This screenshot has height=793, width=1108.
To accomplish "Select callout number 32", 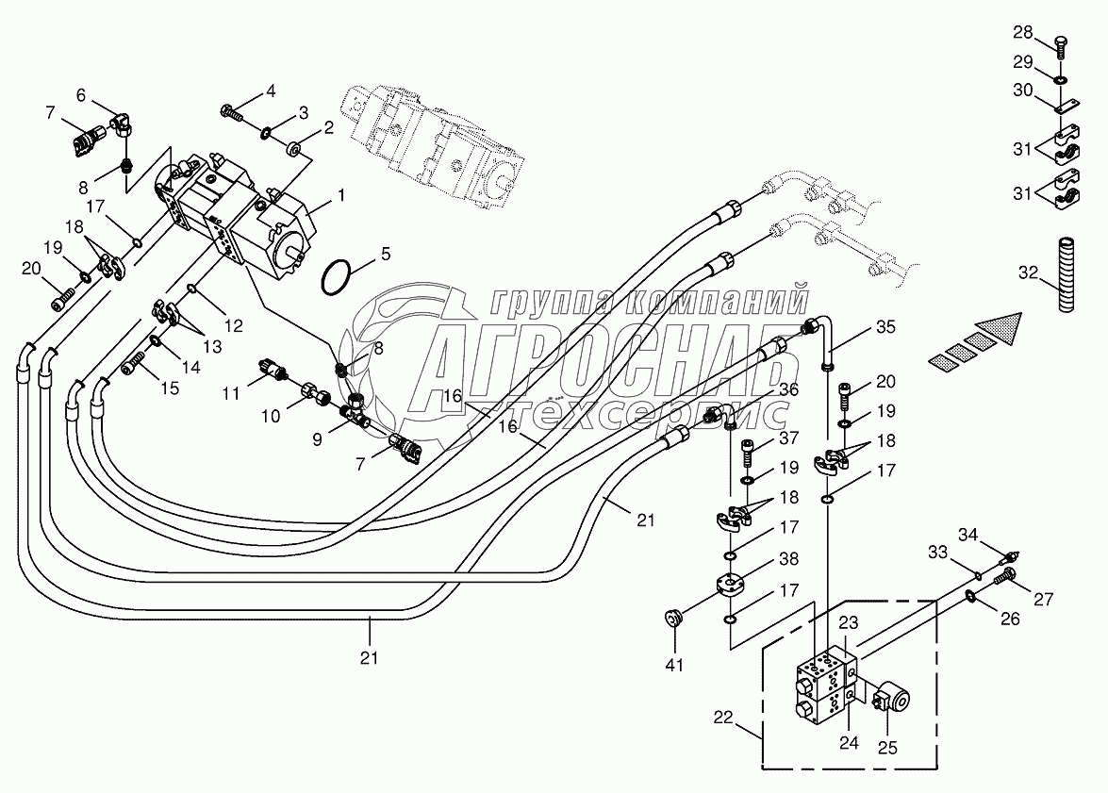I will point(1027,274).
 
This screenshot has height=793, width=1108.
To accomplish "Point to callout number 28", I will point(1023,34).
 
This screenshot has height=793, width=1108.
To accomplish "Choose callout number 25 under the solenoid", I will point(888,748).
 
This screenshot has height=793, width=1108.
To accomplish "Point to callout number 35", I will point(885,328).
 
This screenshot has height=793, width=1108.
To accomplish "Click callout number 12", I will point(234,325).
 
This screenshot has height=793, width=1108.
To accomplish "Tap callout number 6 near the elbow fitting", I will point(81,94).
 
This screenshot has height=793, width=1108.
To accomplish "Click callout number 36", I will point(788,389).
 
